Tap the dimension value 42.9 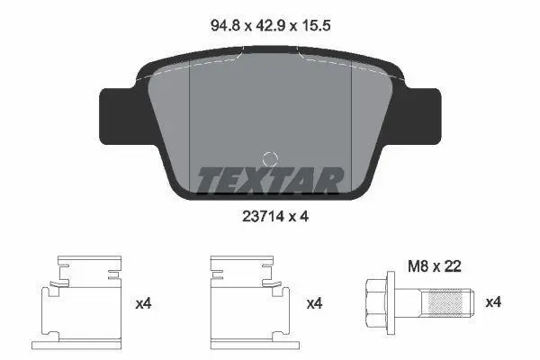point(270,25)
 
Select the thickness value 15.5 point(316,25)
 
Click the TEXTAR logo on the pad point(270,179)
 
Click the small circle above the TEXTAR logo point(270,159)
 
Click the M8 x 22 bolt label point(434,266)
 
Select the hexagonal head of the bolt point(375,302)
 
